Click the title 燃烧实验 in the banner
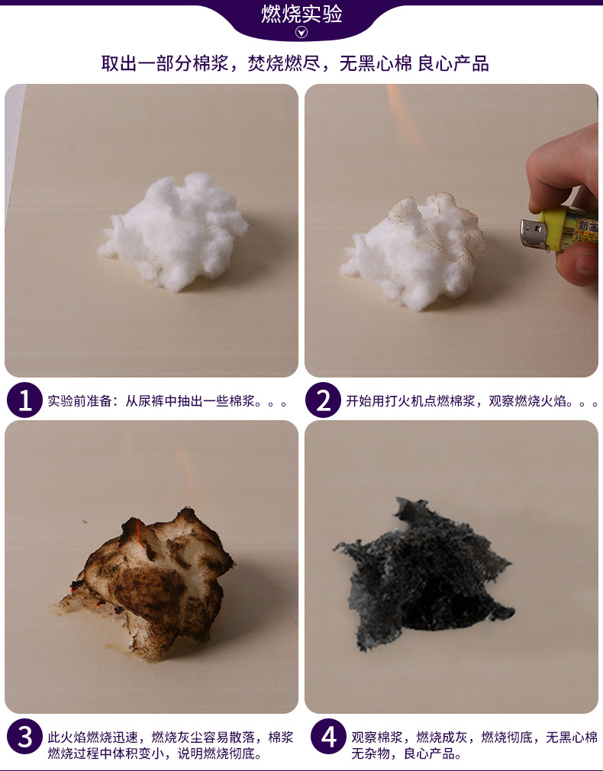coord(301,14)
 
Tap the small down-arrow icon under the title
coord(301,32)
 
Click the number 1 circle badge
coord(24,400)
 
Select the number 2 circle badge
coord(324,400)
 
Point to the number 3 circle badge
coord(24,737)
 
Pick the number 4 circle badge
coord(328,737)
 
